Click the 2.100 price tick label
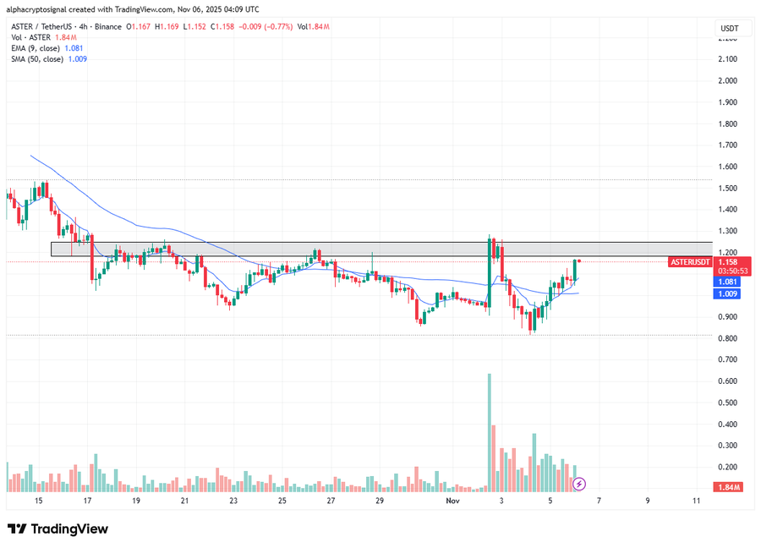click(728, 59)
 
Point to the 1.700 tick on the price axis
click(728, 145)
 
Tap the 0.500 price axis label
click(728, 403)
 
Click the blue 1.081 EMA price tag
click(728, 282)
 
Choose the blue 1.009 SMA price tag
click(728, 294)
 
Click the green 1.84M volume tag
click(728, 488)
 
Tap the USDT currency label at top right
click(729, 28)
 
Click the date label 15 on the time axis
click(38, 501)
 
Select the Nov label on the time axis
click(452, 501)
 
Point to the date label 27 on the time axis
click(331, 501)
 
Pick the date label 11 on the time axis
click(696, 501)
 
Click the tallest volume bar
click(489, 431)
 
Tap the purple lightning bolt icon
click(579, 485)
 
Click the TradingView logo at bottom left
click(57, 529)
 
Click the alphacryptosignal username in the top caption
click(41, 9)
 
